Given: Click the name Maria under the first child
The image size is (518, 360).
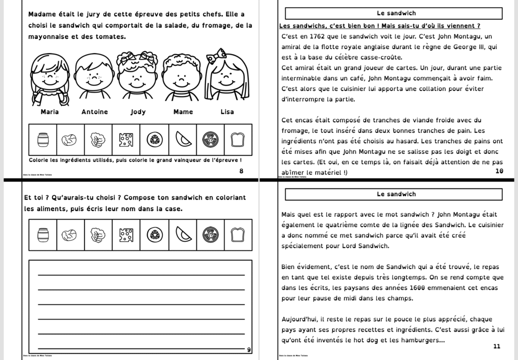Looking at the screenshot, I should [x=50, y=112].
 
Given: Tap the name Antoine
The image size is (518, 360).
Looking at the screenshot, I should [x=95, y=112].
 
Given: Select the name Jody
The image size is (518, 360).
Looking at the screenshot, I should [x=138, y=112].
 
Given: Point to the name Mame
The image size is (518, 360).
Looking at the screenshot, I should [x=183, y=112].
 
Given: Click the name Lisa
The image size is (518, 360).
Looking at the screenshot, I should [x=227, y=112].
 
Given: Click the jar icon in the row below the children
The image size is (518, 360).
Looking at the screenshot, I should [x=42, y=139].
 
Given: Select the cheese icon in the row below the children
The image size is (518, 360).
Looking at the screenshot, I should [x=126, y=139].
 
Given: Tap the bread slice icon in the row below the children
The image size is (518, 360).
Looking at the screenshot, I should [x=238, y=139].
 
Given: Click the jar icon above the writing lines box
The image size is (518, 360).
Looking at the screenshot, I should [x=42, y=235].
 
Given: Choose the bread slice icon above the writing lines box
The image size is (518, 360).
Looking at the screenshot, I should [x=238, y=235].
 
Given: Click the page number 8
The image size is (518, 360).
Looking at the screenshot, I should [x=241, y=171].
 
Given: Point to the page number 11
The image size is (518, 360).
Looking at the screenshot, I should [x=496, y=346].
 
